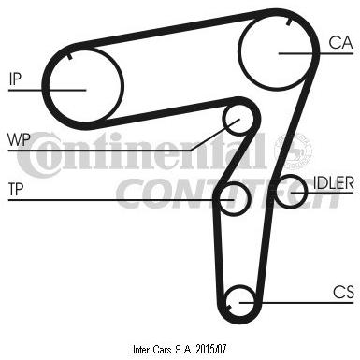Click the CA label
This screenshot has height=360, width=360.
point(340,42)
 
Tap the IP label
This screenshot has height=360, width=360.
point(15,79)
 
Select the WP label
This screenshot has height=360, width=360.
point(19,139)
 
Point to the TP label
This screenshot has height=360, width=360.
point(16,189)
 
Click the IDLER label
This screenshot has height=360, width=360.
point(333,182)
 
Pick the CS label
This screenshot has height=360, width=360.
point(343,292)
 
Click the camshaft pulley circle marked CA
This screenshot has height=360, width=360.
point(238,52)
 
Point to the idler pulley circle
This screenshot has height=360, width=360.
point(306,191)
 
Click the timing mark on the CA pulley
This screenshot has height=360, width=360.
point(289,22)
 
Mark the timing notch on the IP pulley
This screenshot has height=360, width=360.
point(70,56)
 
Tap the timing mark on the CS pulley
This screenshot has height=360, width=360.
point(229,308)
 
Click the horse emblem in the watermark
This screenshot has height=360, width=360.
point(293,150)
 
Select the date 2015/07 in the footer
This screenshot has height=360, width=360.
point(210,349)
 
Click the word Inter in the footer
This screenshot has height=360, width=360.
point(141,350)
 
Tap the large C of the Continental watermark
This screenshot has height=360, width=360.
point(33,155)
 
